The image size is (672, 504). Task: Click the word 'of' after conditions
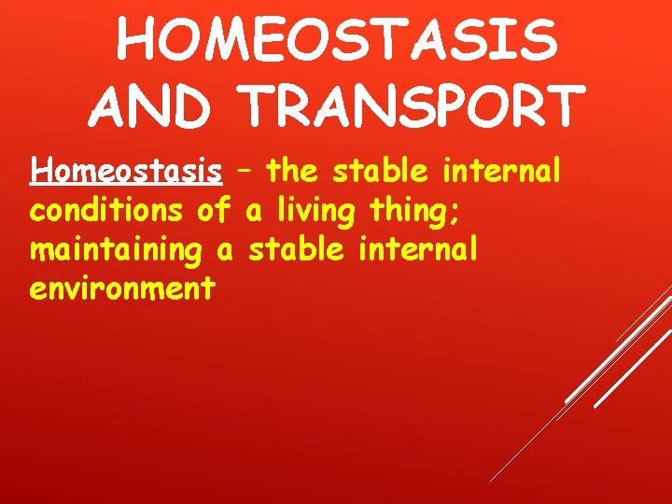[214, 211]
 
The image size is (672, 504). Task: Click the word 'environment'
[122, 289]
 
